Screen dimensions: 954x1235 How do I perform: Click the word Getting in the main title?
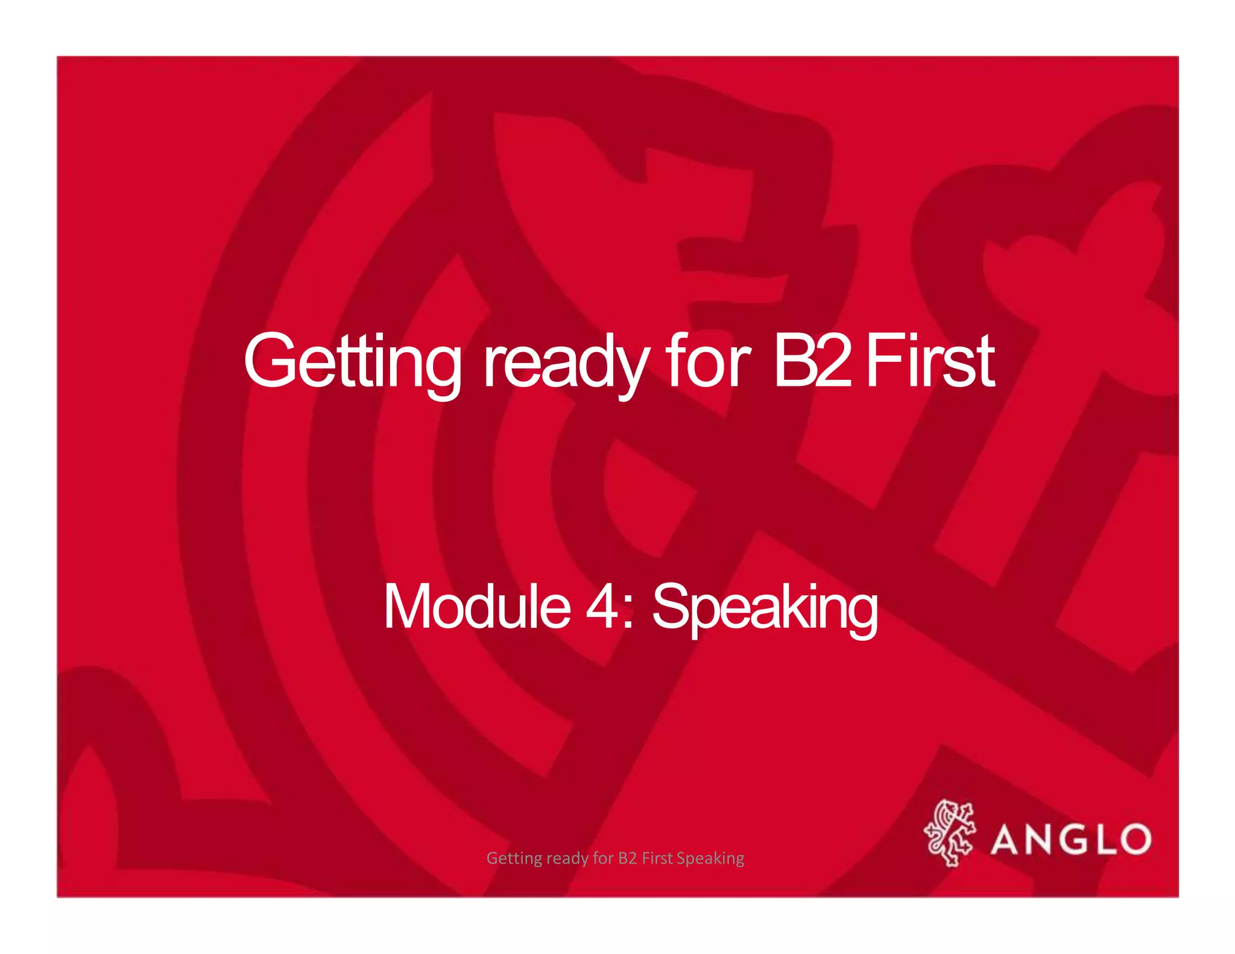point(353,362)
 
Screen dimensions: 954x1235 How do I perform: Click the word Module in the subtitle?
point(476,607)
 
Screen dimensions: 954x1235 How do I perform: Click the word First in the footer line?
point(657,858)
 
